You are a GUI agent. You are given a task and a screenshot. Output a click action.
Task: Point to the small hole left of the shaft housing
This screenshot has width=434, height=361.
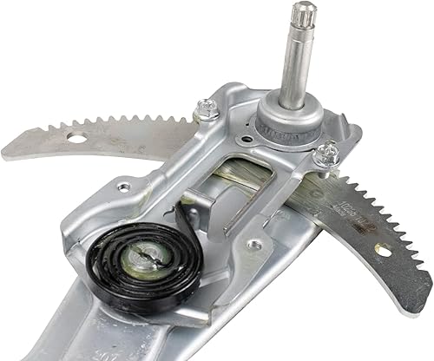240,112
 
